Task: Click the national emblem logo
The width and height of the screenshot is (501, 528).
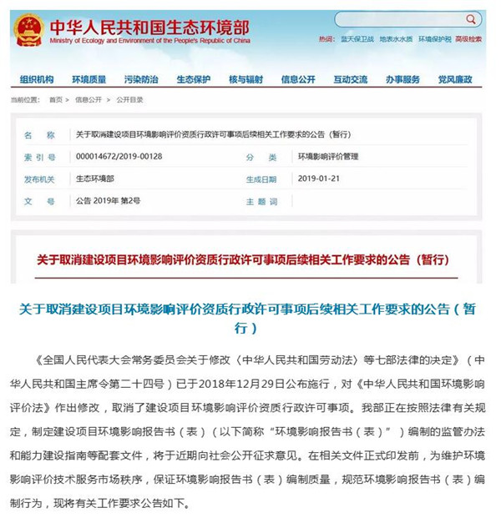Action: (x=29, y=29)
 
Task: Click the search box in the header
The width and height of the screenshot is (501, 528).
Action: (x=401, y=19)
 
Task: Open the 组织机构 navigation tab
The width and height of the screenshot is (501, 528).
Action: (x=37, y=79)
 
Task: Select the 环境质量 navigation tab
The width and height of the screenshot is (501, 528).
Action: (x=89, y=79)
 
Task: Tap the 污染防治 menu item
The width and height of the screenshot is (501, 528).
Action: (x=141, y=79)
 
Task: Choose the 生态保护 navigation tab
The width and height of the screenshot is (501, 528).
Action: (x=193, y=79)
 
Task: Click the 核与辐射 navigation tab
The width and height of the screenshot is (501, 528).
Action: (x=245, y=79)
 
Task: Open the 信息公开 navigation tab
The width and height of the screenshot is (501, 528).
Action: (x=298, y=79)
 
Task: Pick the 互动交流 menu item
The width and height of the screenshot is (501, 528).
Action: (x=350, y=79)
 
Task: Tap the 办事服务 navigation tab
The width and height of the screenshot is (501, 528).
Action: (x=402, y=79)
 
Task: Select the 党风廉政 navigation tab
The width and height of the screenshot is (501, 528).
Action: (x=455, y=79)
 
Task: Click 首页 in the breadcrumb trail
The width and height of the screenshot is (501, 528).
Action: (x=56, y=99)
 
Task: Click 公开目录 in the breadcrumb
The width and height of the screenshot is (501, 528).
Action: (x=129, y=99)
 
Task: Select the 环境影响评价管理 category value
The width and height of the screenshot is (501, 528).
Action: (x=328, y=156)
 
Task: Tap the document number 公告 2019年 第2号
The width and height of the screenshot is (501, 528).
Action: (x=109, y=201)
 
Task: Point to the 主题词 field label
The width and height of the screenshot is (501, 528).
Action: (x=261, y=201)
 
